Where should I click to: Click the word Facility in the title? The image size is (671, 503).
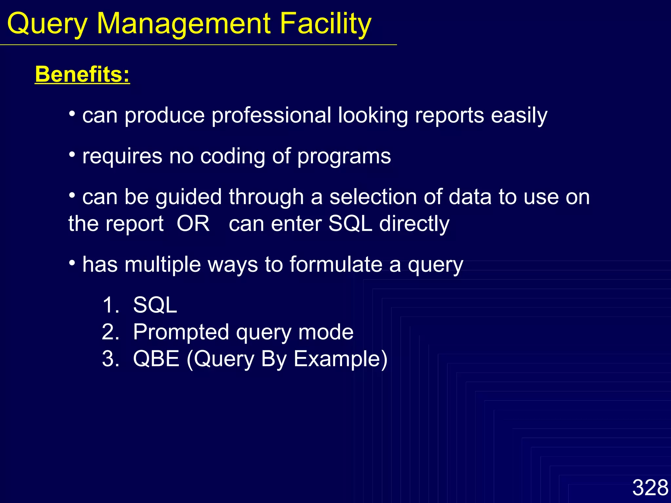click(x=325, y=24)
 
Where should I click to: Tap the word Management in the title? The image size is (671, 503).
click(x=184, y=24)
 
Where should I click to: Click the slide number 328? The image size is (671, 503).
click(x=650, y=487)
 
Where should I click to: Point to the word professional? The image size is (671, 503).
click(x=271, y=116)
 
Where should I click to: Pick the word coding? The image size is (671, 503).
click(x=233, y=156)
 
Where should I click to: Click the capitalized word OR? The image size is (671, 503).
click(x=193, y=224)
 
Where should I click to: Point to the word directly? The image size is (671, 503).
click(x=414, y=224)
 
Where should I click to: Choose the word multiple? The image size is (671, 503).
click(x=163, y=265)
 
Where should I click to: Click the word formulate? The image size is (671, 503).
click(x=336, y=265)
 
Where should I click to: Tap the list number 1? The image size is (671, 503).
click(x=111, y=305)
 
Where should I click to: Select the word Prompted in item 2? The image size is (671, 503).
click(x=181, y=332)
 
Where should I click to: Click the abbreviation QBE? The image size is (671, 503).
click(x=156, y=359)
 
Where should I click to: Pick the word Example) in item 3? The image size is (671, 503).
click(x=340, y=359)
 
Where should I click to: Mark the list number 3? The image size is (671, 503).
click(x=110, y=359)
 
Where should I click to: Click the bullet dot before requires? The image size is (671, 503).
click(x=72, y=154)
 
